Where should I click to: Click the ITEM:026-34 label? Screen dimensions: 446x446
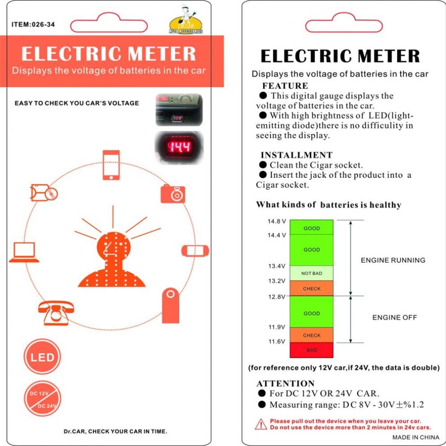coord(33,25)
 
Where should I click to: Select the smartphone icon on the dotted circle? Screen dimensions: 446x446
coord(111,165)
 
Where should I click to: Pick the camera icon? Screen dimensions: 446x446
coord(173,194)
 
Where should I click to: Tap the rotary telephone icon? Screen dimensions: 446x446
coord(56,313)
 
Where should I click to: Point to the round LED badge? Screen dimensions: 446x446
coord(42,357)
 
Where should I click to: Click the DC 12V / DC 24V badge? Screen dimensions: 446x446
coord(42,399)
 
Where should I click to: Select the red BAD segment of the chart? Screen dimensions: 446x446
coord(312,350)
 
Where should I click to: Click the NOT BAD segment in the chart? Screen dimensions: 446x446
coord(312,273)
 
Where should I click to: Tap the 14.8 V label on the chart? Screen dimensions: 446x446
coord(277,221)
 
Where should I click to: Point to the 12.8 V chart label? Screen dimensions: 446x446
coord(277,297)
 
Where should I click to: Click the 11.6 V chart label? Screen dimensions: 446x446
coord(277,342)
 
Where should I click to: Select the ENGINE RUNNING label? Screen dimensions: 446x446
coord(393,260)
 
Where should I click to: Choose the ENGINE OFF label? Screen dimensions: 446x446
coord(395,318)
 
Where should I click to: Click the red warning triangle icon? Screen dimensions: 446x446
coord(261,424)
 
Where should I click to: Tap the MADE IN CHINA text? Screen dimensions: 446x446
coord(415,437)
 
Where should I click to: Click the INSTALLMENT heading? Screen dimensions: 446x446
coord(296,155)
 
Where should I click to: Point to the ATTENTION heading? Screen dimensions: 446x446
coord(285,384)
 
